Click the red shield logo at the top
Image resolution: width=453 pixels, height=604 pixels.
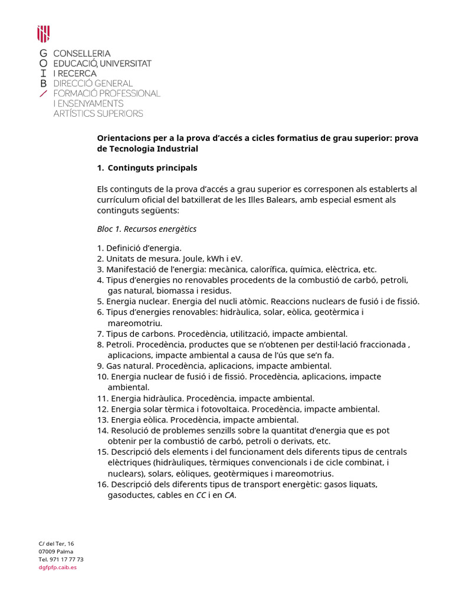click(43, 34)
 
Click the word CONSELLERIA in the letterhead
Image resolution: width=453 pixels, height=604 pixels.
click(82, 53)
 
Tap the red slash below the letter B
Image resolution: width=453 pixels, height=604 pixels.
click(42, 94)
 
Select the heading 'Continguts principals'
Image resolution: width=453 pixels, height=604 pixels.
click(152, 168)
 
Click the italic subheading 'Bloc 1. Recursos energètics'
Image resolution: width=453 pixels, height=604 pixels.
click(146, 229)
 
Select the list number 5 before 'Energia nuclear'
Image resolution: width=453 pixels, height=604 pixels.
click(100, 301)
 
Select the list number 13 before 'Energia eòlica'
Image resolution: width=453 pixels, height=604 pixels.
click(102, 419)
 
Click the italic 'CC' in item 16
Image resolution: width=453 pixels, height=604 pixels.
click(202, 495)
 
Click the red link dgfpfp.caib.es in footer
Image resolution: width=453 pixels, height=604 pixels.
click(58, 567)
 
